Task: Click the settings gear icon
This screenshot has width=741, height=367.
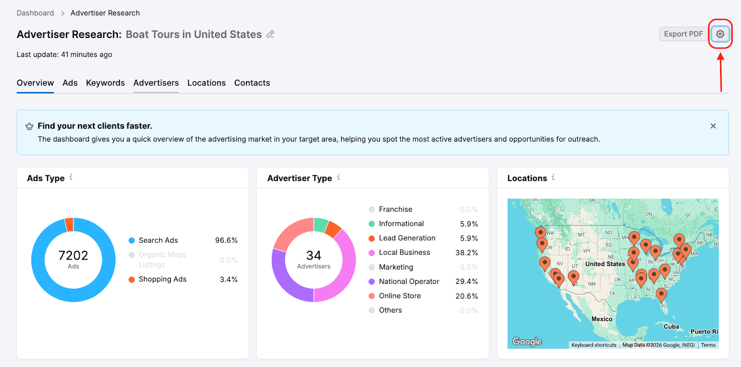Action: [720, 34]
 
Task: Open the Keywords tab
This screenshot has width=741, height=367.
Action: [105, 83]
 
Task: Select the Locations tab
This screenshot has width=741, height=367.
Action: [207, 83]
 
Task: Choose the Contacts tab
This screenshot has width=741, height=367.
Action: [252, 83]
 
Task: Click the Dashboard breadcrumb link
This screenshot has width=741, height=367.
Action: [35, 13]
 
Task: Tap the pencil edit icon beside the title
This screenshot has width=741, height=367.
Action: [270, 34]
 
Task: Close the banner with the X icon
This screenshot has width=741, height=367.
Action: [713, 126]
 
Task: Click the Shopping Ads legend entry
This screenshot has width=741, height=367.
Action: [162, 279]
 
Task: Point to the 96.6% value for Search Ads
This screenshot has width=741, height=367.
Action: [226, 240]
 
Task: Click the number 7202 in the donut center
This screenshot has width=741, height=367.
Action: [73, 255]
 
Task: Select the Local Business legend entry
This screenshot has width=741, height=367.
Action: [404, 252]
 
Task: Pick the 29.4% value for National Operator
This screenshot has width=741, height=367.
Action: [466, 281]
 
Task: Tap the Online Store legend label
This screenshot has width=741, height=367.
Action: [400, 296]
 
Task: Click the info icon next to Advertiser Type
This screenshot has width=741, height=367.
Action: [339, 177]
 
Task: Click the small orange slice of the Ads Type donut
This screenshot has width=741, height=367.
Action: [69, 224]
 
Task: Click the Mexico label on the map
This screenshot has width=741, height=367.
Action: [602, 319]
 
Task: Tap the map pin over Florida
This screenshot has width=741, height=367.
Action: [661, 293]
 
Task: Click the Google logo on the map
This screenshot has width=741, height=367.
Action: [527, 342]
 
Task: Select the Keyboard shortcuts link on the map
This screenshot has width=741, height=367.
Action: [594, 345]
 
